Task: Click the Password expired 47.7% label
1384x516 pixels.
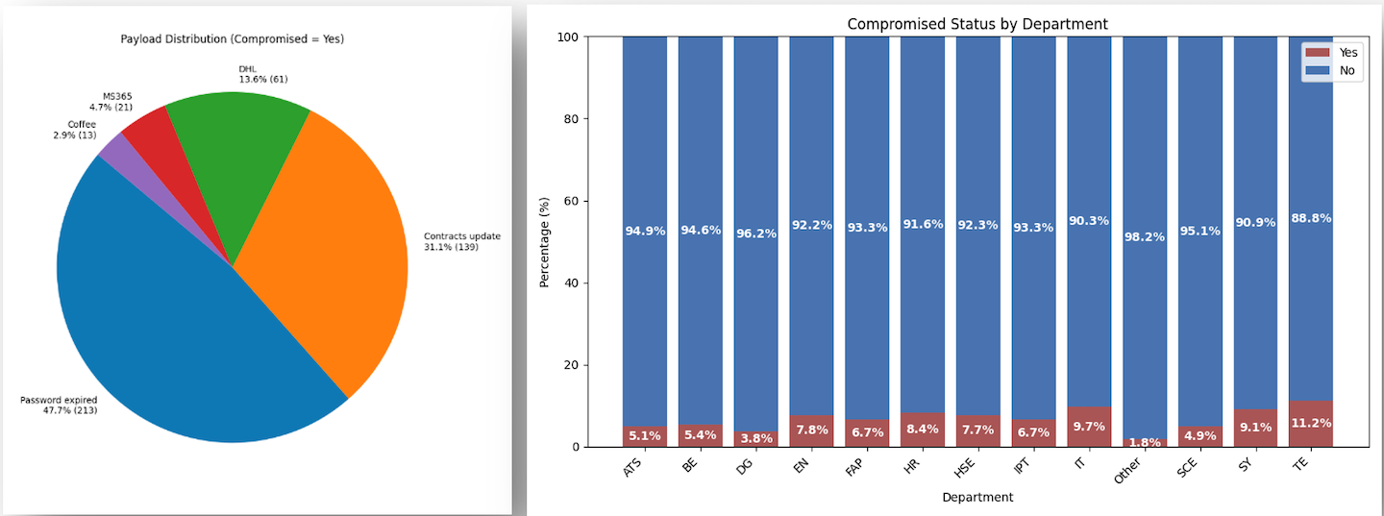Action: click(59, 405)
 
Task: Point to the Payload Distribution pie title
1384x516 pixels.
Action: click(232, 39)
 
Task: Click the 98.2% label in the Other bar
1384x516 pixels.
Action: click(1145, 236)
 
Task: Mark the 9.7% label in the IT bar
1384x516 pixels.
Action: click(1089, 426)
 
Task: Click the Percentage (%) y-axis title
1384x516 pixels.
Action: click(545, 242)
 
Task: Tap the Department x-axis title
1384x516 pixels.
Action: click(977, 498)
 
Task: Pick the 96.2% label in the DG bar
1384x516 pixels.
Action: click(755, 233)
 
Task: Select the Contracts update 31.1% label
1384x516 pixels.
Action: click(462, 241)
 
